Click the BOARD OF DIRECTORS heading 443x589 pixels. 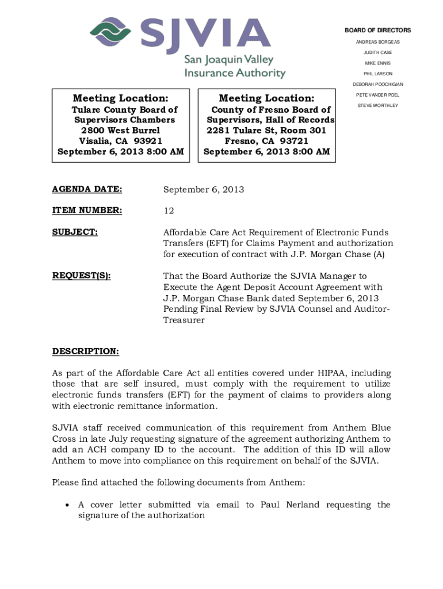tap(377, 30)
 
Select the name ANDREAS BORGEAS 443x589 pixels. tap(377, 42)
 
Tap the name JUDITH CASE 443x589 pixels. tap(377, 52)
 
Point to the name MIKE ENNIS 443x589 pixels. tap(377, 63)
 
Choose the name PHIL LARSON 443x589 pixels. tap(377, 74)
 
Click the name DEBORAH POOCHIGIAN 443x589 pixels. tap(377, 85)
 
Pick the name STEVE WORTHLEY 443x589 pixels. tap(377, 105)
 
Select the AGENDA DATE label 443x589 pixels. tap(87, 189)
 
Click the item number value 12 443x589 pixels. tap(169, 211)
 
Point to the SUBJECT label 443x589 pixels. tap(75, 232)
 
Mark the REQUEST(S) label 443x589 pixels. tap(81, 276)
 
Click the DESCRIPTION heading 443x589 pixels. tap(86, 351)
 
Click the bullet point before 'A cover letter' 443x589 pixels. tap(67, 505)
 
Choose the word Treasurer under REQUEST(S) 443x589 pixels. tap(184, 320)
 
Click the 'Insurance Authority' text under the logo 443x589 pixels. tap(235, 73)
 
